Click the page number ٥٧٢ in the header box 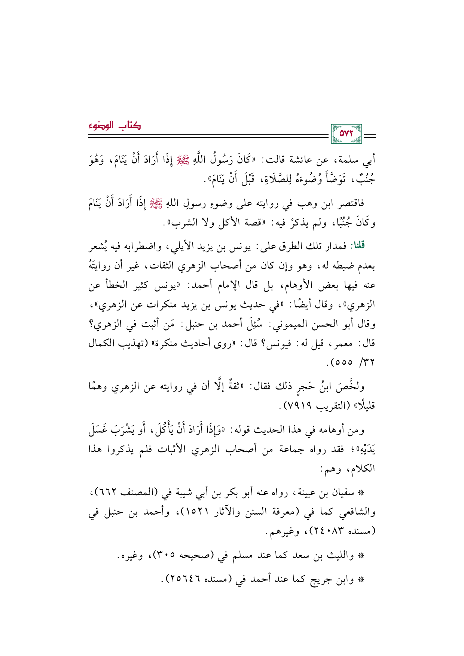[x=347, y=134]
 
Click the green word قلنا [x=357, y=246]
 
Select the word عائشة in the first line [x=302, y=160]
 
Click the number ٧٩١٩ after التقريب [x=298, y=405]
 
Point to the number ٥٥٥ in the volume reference [x=340, y=363]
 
